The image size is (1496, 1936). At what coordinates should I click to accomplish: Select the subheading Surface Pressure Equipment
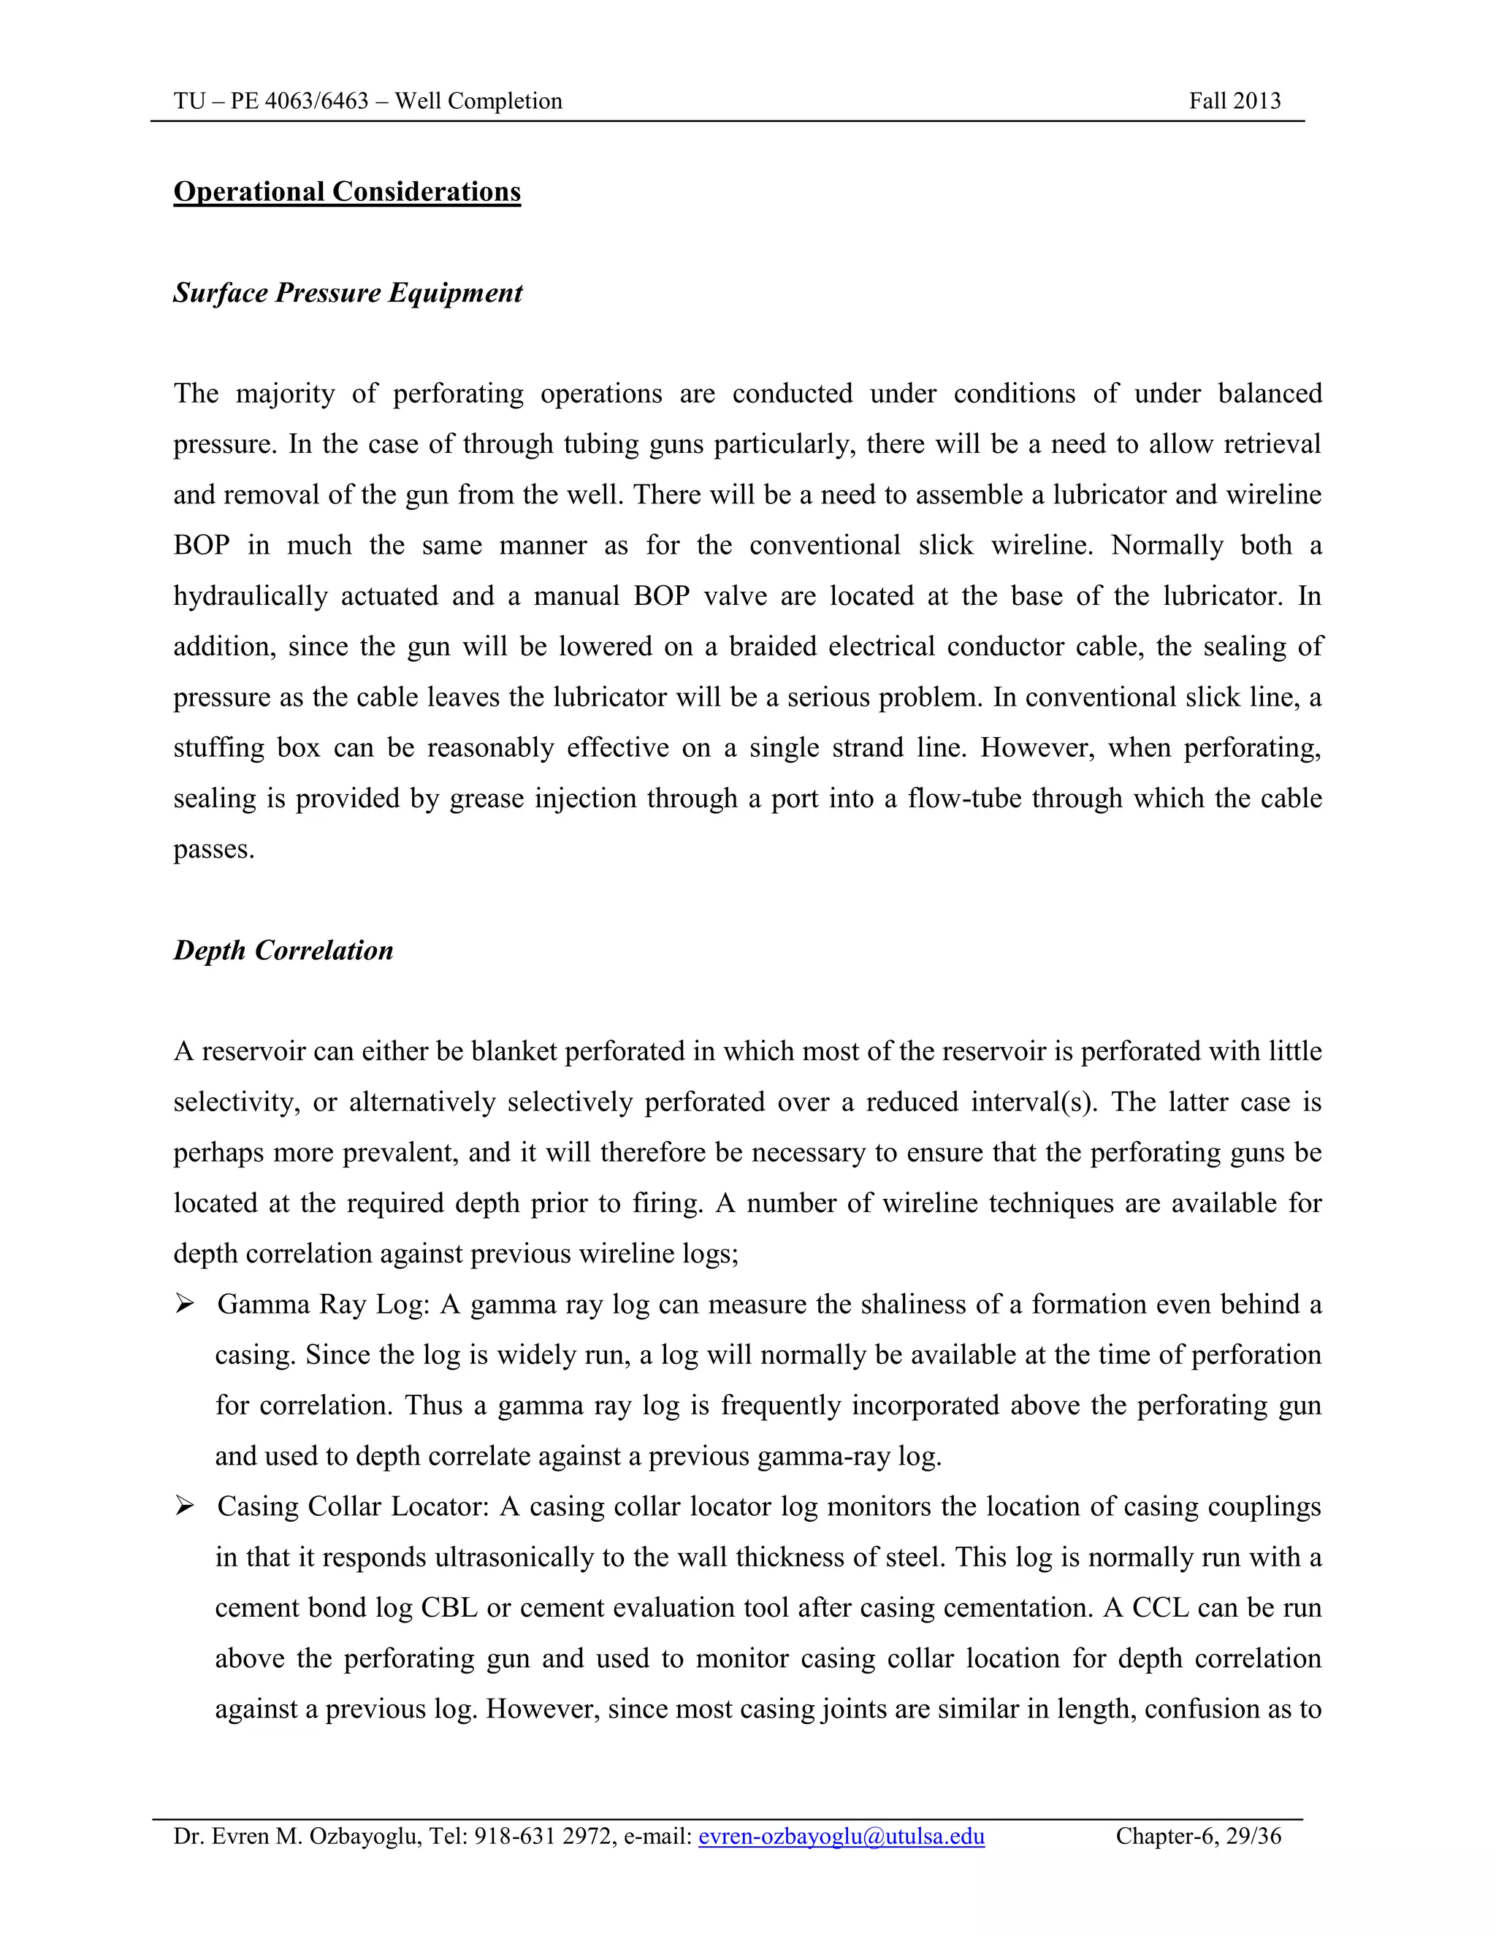(348, 294)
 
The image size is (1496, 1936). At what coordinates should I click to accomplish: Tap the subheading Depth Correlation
(283, 951)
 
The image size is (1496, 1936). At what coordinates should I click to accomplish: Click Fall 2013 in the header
(1234, 101)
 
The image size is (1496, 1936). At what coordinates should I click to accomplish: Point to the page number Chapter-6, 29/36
(1198, 1837)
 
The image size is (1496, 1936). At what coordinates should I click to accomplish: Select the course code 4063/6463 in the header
(316, 101)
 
